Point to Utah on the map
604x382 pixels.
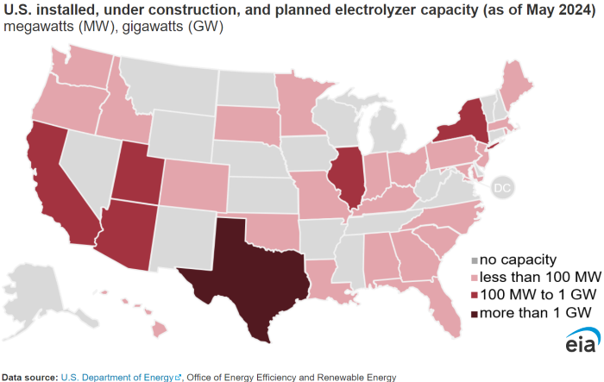click(x=139, y=172)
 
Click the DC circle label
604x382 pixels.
click(x=503, y=186)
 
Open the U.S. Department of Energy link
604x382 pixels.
click(x=116, y=377)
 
